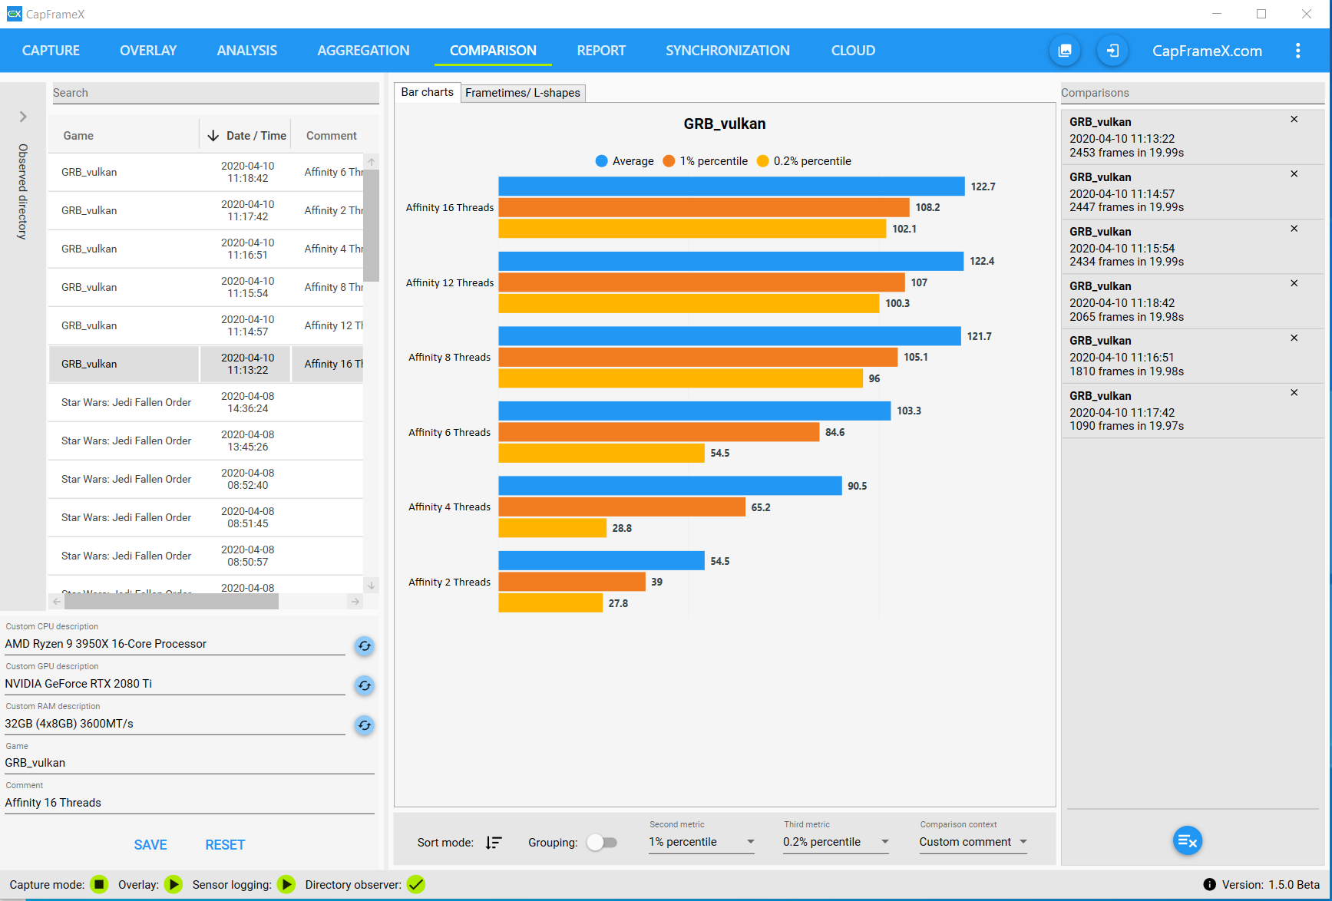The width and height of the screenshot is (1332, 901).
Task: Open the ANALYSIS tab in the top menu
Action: pyautogui.click(x=246, y=51)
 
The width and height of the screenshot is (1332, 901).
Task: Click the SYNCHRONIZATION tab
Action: pyautogui.click(x=727, y=51)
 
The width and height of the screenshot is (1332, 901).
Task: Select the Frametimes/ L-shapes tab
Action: pyautogui.click(x=522, y=93)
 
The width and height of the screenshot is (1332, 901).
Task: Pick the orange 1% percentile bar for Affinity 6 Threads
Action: pyautogui.click(x=659, y=432)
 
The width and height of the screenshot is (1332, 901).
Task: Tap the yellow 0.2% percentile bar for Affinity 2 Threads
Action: pyautogui.click(x=550, y=603)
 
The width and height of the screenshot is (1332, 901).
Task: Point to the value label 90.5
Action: pyautogui.click(x=857, y=486)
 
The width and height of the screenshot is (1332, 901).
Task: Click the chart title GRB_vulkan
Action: pyautogui.click(x=724, y=124)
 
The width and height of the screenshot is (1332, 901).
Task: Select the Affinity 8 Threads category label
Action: pyautogui.click(x=449, y=358)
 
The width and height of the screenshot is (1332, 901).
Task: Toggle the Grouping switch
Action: pyautogui.click(x=602, y=843)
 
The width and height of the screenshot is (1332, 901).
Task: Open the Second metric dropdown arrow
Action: pyautogui.click(x=750, y=842)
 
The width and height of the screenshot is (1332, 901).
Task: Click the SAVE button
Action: pyautogui.click(x=150, y=845)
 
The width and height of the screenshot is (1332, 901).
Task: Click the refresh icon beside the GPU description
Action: pyautogui.click(x=365, y=685)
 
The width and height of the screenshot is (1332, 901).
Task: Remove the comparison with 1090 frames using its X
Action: pyautogui.click(x=1294, y=393)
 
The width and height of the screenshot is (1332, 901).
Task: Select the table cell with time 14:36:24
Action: pyautogui.click(x=247, y=402)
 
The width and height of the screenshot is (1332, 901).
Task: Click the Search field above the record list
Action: pyautogui.click(x=215, y=93)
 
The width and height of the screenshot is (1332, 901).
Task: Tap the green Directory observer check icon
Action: pyautogui.click(x=415, y=884)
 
